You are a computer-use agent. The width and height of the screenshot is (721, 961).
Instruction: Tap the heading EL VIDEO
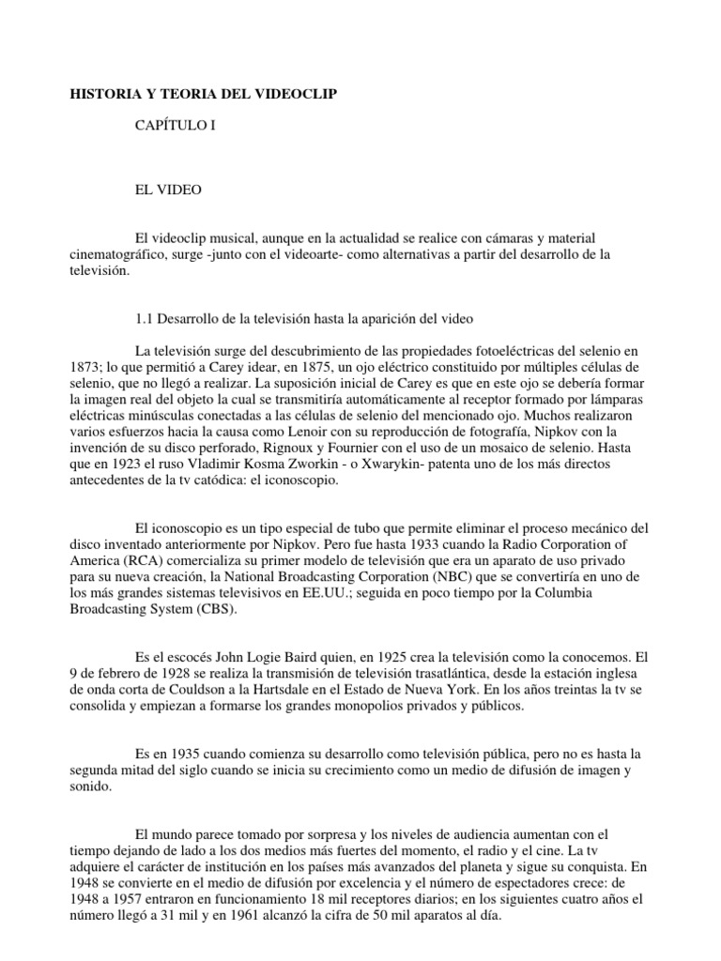[x=169, y=190]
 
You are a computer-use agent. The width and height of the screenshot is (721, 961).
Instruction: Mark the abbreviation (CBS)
[x=216, y=609]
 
